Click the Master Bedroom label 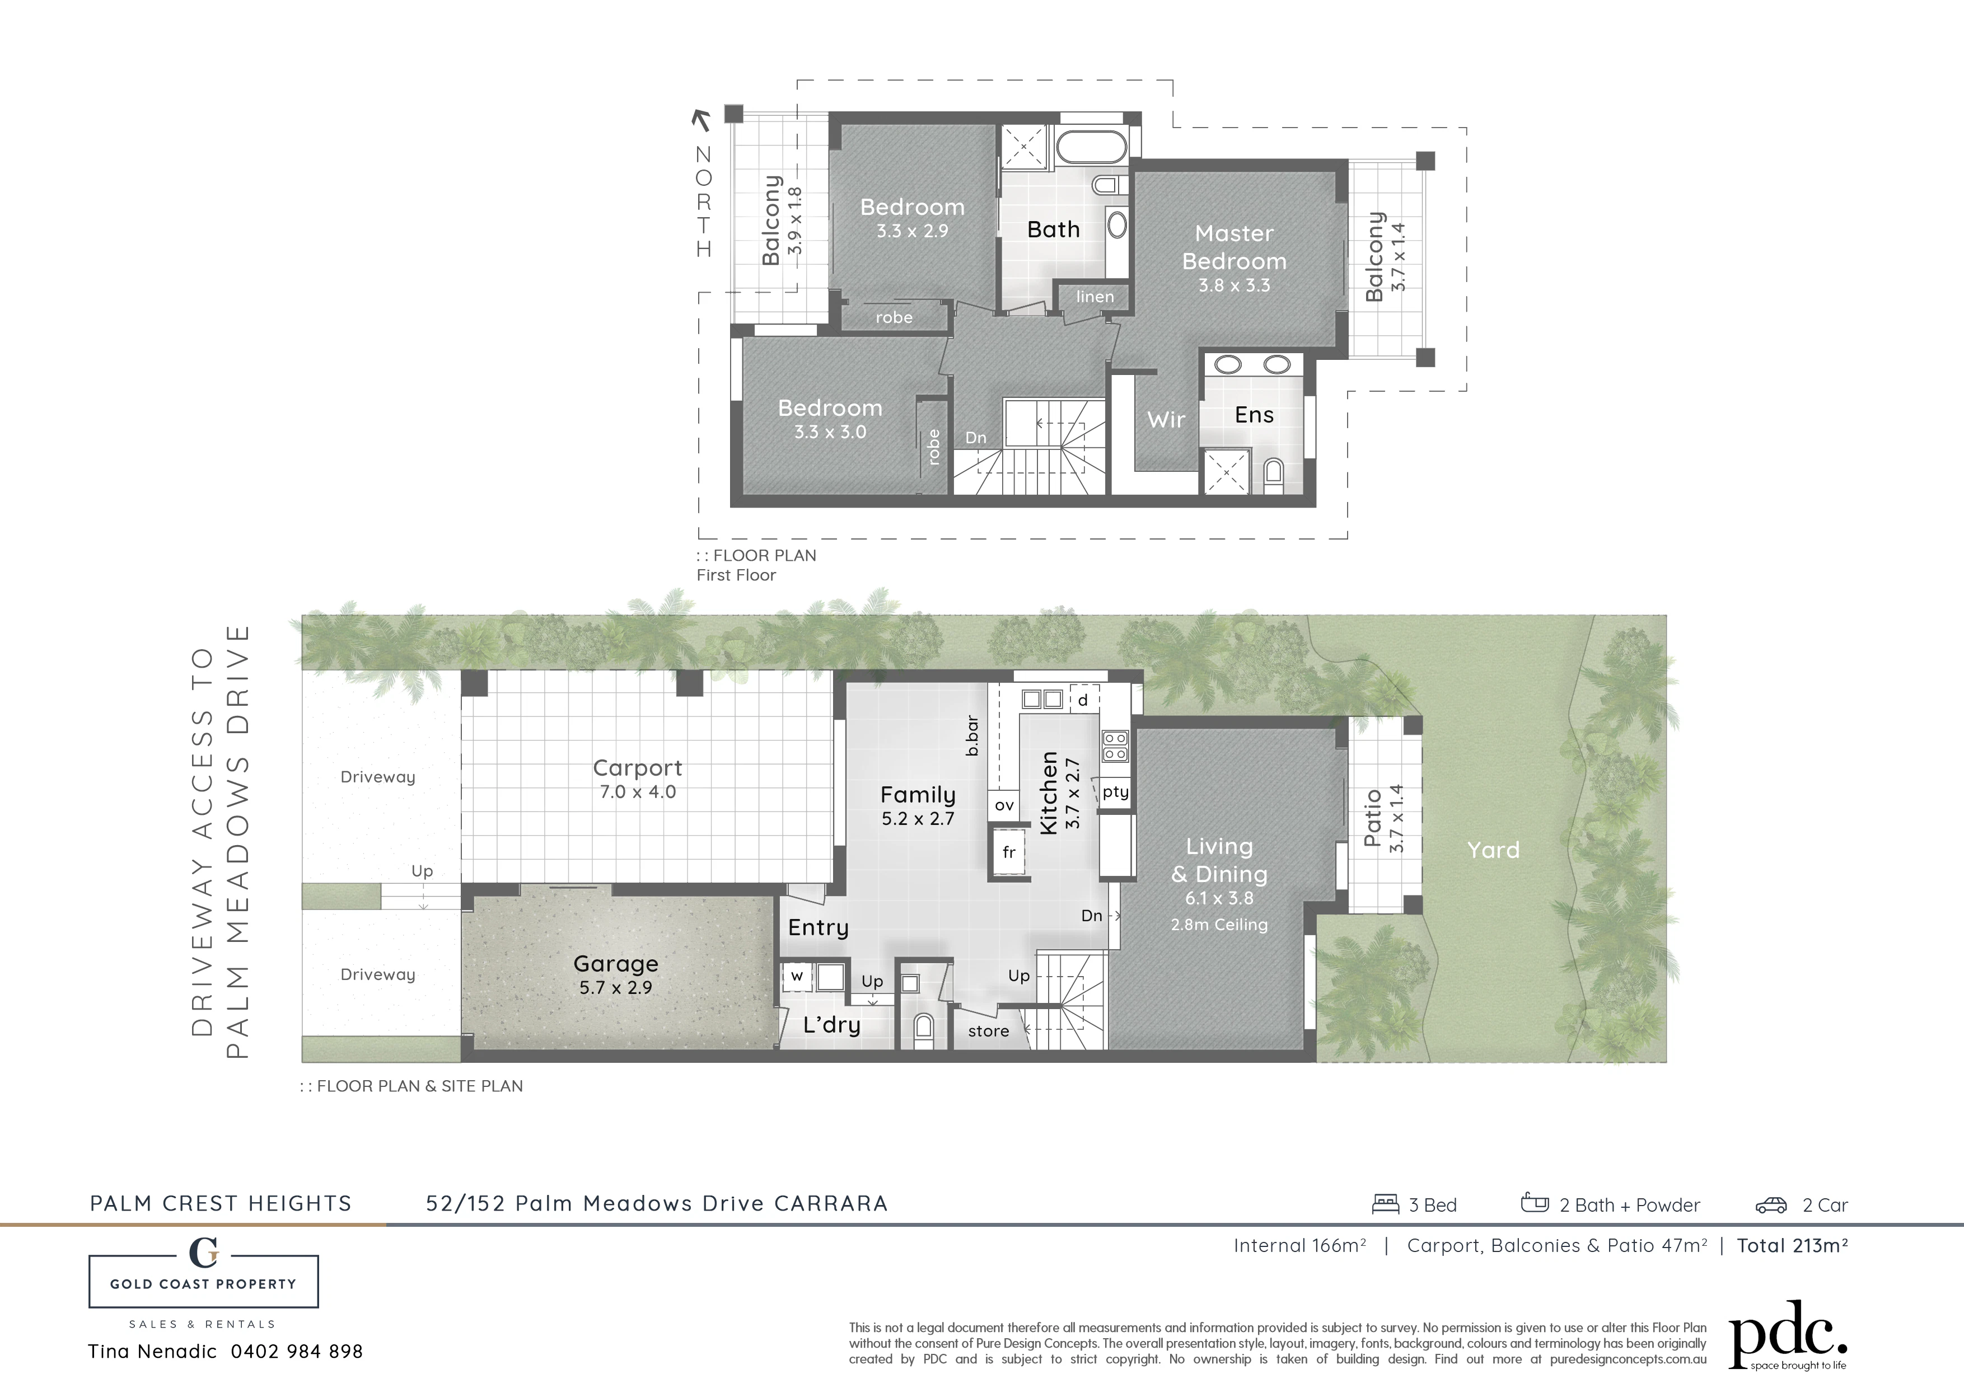1234,247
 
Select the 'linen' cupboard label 1095,297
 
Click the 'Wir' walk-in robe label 1166,420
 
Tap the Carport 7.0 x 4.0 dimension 637,792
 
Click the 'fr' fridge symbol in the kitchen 1009,852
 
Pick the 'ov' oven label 1004,805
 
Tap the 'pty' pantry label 1115,793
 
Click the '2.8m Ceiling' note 1219,925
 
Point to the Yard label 1494,850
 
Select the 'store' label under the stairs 988,1031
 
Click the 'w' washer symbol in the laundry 796,976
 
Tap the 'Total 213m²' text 1792,1246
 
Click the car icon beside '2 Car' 1771,1205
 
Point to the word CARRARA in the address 831,1204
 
